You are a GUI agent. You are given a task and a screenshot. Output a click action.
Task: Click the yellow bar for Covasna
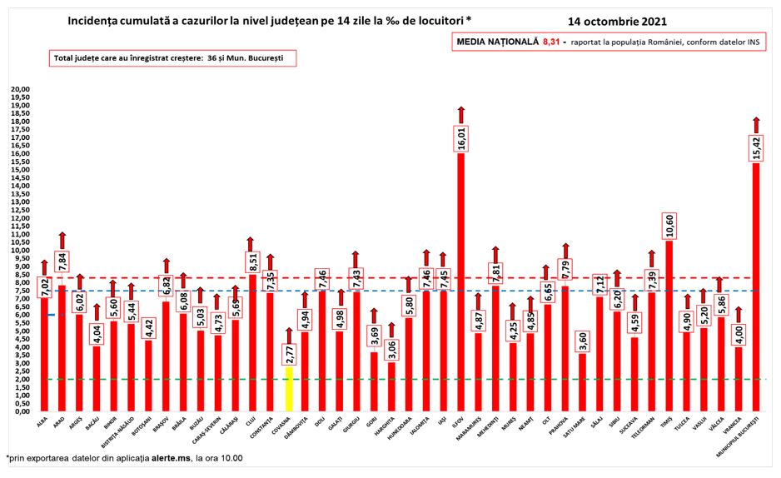pos(287,388)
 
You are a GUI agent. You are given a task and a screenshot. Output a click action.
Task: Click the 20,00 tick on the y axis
pos(18,89)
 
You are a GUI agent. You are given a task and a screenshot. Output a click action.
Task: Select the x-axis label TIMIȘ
pos(666,422)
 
